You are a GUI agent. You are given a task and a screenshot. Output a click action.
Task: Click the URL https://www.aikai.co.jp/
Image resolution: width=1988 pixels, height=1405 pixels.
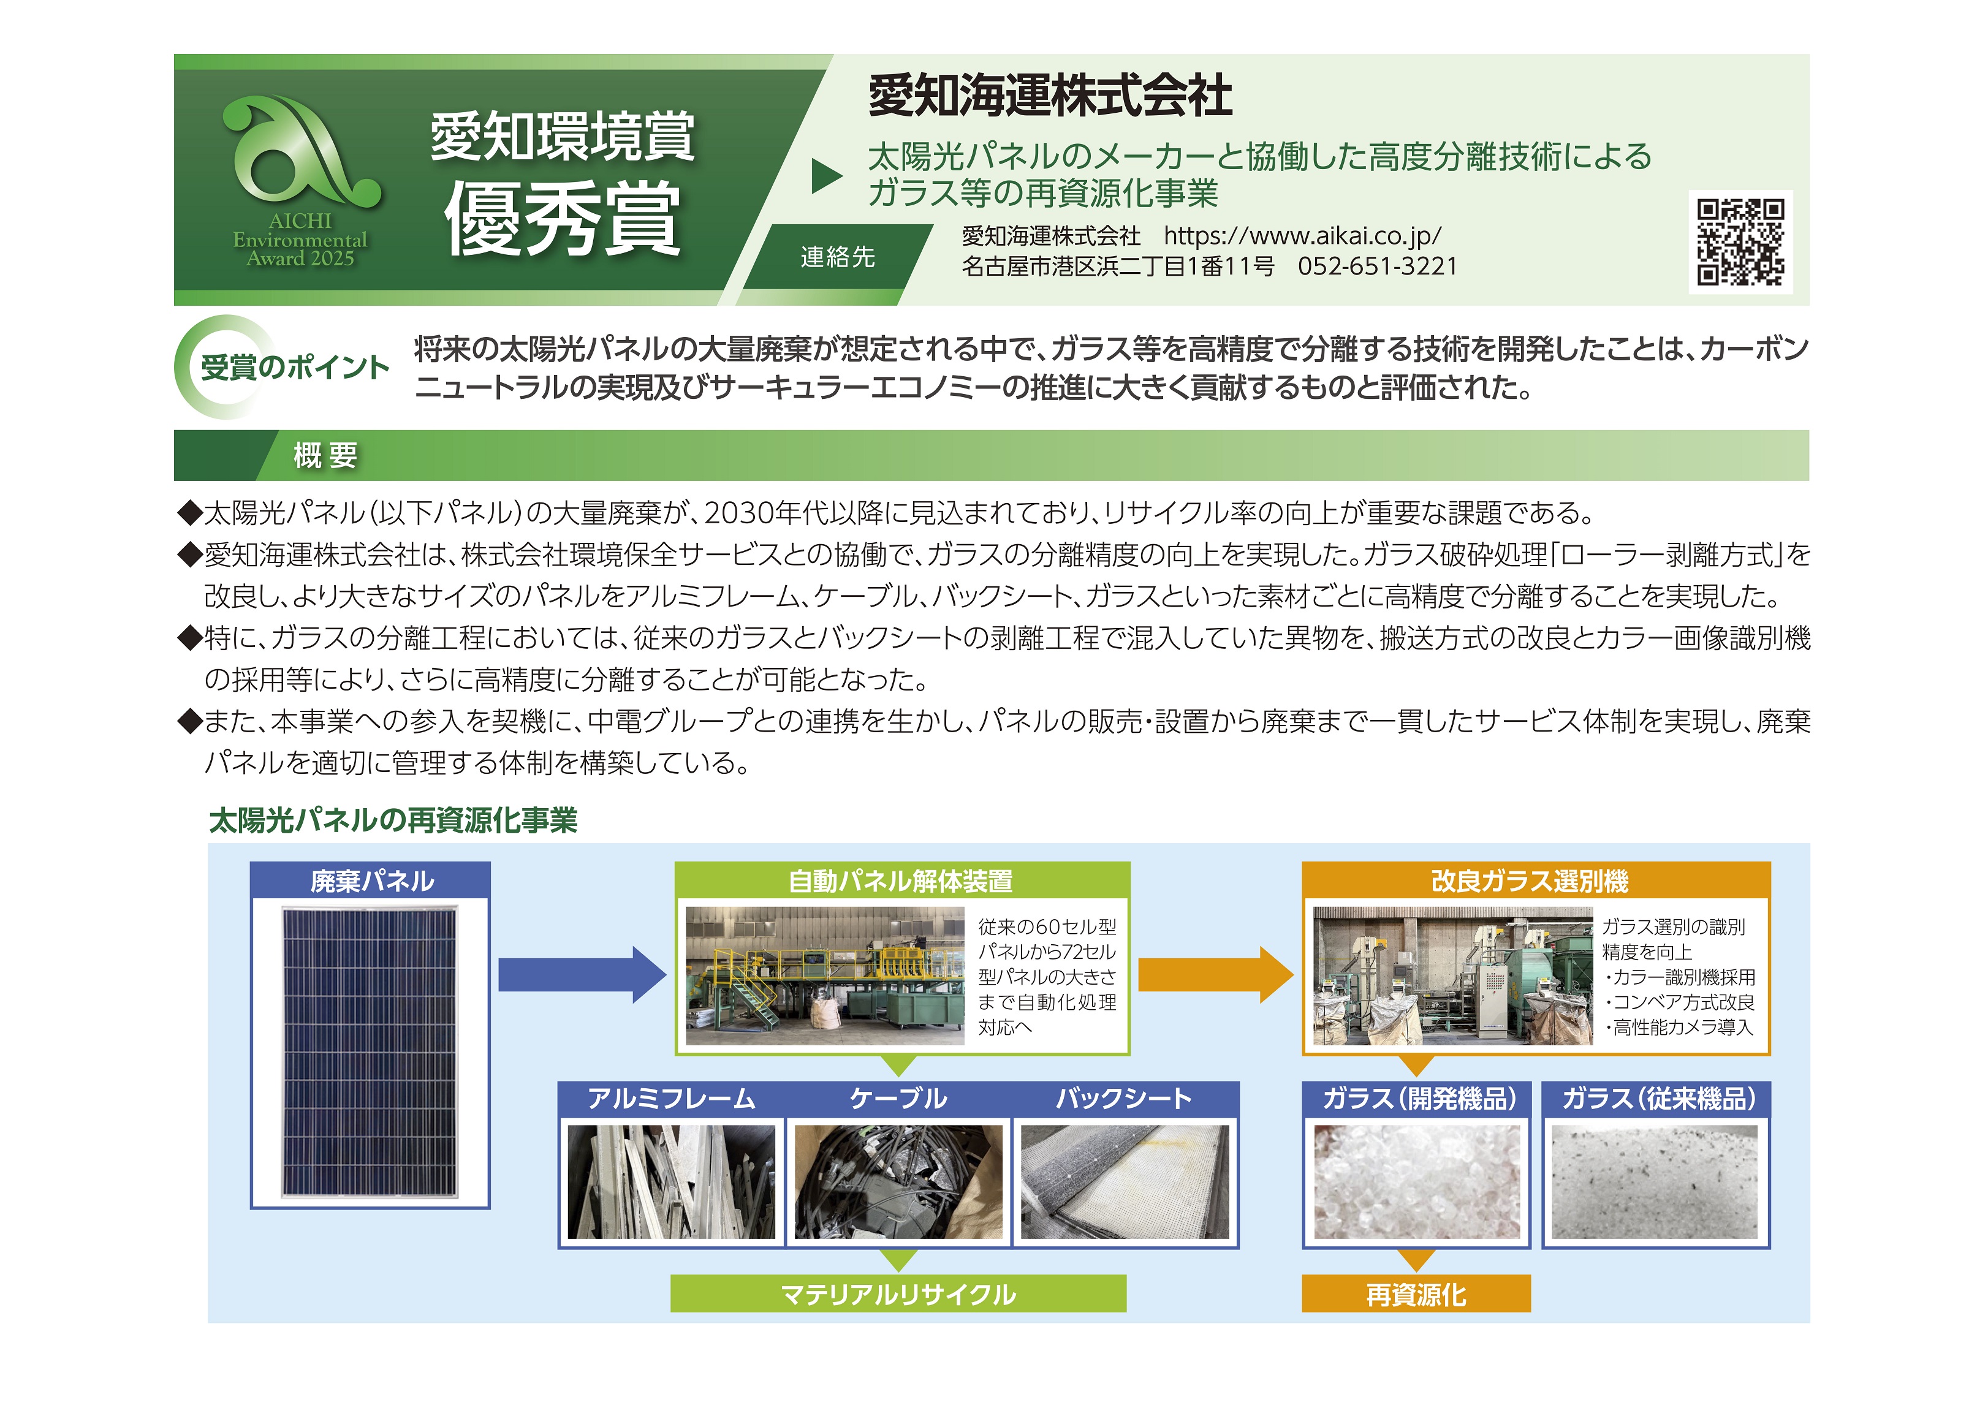click(1302, 235)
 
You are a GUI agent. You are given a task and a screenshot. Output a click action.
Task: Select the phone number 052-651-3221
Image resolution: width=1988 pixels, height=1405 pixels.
click(1378, 266)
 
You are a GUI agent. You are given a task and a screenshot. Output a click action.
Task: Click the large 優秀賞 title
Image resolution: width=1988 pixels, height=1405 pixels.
click(563, 219)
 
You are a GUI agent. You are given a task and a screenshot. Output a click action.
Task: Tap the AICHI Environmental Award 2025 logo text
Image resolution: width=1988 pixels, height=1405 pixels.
click(300, 239)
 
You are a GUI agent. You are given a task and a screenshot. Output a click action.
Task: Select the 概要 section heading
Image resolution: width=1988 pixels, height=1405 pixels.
click(325, 455)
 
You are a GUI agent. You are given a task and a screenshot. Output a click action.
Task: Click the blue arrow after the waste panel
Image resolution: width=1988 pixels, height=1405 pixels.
click(582, 975)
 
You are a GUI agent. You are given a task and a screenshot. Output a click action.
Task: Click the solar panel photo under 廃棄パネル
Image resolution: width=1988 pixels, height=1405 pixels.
click(370, 1052)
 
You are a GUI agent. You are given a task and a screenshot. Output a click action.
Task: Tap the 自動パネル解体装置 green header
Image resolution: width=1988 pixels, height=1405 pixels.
click(901, 880)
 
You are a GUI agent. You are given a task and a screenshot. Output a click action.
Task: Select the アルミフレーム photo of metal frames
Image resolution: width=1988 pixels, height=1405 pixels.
click(671, 1181)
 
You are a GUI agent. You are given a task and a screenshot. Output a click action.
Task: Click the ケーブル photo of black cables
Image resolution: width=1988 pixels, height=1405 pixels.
click(899, 1181)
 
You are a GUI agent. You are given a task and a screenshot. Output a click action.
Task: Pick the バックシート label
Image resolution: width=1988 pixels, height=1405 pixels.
click(1124, 1099)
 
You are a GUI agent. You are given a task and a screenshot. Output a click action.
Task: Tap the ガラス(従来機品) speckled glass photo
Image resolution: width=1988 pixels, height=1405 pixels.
click(1655, 1181)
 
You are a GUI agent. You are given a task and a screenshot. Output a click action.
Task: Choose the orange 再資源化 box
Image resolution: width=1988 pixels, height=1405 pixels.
click(1416, 1293)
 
